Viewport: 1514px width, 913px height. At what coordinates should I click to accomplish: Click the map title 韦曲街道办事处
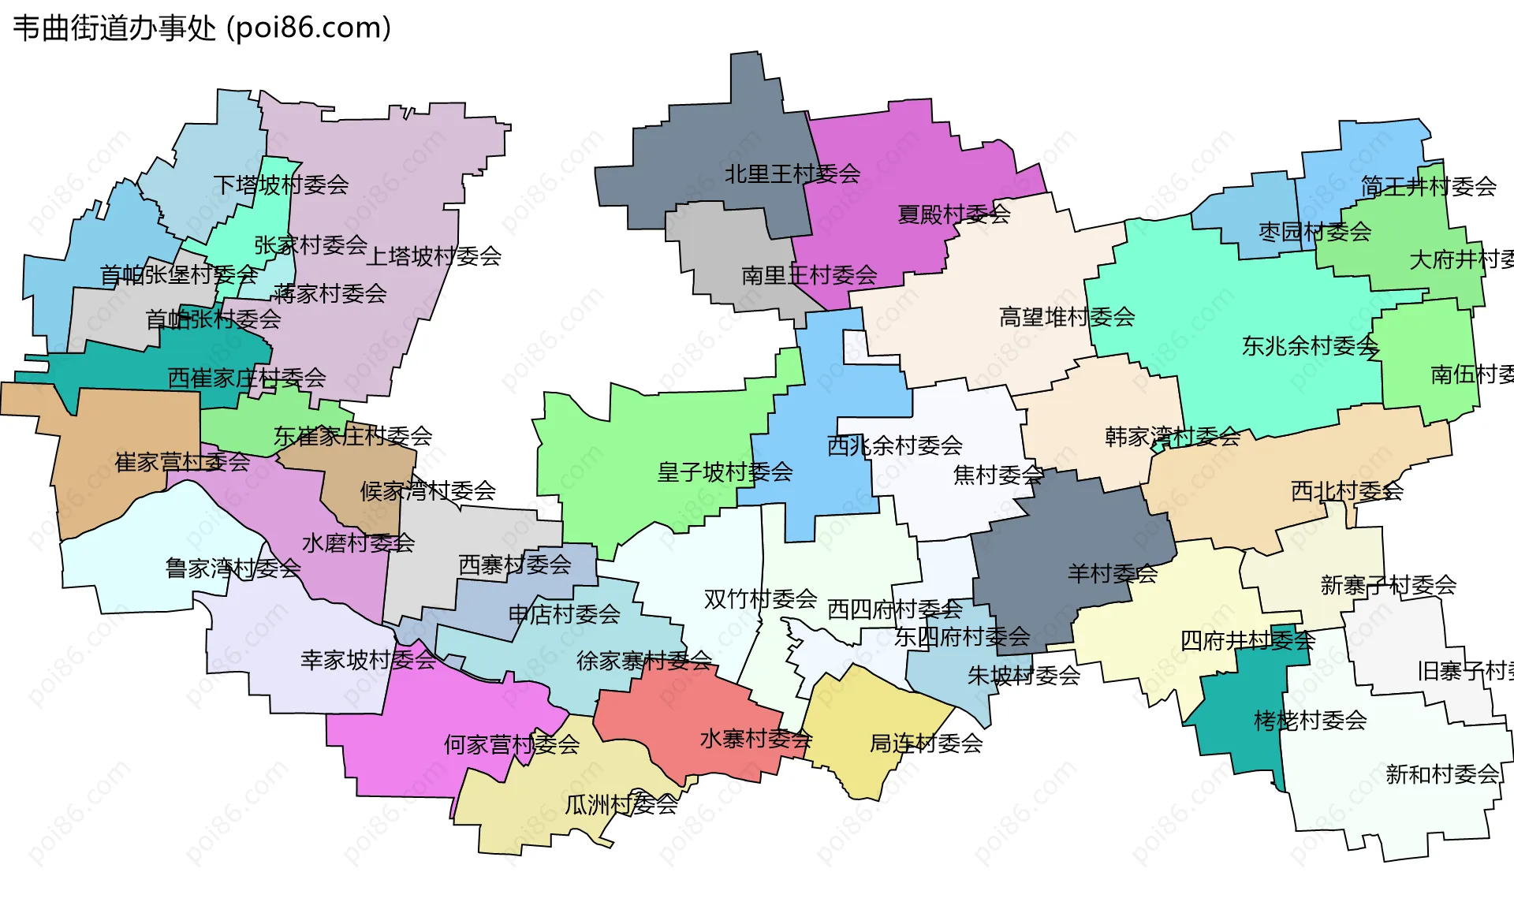point(114,28)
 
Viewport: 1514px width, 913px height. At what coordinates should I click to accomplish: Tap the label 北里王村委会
point(792,174)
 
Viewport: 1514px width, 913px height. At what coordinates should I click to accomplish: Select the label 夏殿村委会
point(953,214)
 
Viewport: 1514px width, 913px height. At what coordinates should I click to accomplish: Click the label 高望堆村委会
point(1066,318)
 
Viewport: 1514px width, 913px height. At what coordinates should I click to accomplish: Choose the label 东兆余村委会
point(1310,346)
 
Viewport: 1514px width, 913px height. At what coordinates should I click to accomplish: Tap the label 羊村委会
point(1112,574)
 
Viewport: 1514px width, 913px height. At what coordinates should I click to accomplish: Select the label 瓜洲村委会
point(621,805)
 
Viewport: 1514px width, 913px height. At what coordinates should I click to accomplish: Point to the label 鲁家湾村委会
point(233,568)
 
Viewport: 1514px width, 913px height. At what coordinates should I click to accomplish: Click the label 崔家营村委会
point(182,463)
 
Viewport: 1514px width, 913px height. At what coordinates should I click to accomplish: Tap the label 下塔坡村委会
point(281,185)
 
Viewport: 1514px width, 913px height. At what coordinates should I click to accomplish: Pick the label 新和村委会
point(1441,775)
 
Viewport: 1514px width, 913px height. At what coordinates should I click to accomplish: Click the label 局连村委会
point(926,743)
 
